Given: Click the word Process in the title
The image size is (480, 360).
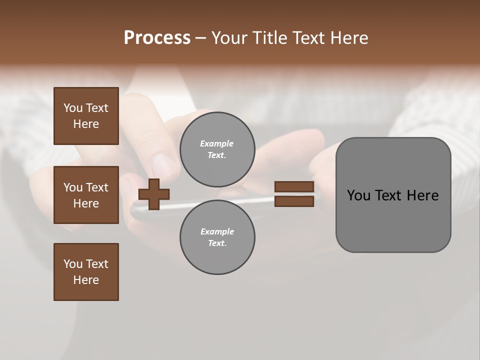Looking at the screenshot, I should point(157,38).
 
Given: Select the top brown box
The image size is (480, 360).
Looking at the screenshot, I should point(86,116).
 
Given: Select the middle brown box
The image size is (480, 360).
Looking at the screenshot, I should point(86,195).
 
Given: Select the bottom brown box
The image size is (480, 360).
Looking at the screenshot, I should point(86,272).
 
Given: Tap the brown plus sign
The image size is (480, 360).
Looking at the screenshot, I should point(154,194).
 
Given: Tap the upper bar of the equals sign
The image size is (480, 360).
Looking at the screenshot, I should point(294,187).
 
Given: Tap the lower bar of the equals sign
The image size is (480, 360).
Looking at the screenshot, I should point(294,201).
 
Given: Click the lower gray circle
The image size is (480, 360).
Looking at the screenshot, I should point(217,237).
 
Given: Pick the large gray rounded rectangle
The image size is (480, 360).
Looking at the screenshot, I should point(393,195).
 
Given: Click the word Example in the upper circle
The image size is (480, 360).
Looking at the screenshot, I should point(217,143).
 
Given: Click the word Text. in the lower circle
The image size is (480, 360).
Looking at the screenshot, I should point(217,243).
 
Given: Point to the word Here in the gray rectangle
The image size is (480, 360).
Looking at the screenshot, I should point(423,195).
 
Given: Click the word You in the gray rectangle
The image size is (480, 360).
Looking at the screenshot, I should point(359,195).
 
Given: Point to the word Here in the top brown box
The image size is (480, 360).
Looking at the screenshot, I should point(86,124).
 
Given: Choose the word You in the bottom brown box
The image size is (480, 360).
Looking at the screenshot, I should point(73,264).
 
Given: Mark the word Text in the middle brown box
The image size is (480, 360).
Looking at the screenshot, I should point(97,187).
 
